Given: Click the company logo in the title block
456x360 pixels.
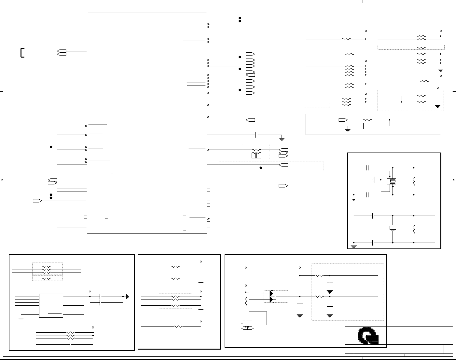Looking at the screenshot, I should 368,336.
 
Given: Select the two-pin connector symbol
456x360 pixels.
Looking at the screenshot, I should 247,325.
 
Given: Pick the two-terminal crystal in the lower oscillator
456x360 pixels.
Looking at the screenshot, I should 393,228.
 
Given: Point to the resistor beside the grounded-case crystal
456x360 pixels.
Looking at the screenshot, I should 414,181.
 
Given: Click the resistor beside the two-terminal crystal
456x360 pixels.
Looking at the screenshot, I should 414,229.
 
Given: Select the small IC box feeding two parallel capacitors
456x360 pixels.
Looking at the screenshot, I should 51,305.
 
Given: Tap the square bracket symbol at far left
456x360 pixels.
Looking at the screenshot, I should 22,53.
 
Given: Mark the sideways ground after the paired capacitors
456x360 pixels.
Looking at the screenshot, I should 127,297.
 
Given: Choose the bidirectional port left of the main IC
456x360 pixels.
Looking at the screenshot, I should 62,52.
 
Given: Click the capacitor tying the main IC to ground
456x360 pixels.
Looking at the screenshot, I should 256,135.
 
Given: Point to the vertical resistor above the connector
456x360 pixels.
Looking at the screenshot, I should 246,302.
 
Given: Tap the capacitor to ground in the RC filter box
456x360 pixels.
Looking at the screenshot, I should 365,126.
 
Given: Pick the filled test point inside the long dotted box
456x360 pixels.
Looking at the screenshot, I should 261,168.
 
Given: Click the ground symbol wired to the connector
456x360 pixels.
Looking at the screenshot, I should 267,326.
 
